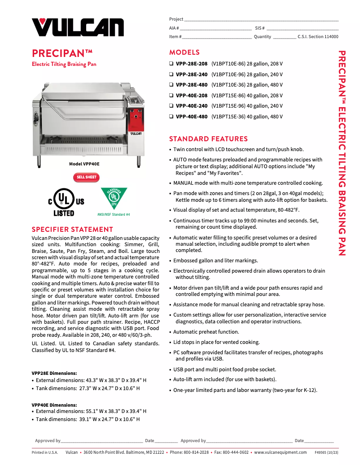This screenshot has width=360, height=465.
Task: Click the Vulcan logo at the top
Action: click(78, 28)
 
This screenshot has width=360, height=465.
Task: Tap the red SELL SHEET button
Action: click(86, 177)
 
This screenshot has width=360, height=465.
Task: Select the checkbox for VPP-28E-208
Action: click(171, 64)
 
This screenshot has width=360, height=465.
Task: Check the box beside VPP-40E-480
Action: click(171, 117)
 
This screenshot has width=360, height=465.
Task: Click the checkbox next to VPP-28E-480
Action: click(171, 85)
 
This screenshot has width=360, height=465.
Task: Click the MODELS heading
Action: click(184, 52)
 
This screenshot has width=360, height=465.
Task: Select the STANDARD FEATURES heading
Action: click(208, 139)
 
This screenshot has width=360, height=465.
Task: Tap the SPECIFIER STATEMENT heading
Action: click(72, 230)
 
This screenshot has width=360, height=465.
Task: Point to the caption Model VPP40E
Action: click(84, 164)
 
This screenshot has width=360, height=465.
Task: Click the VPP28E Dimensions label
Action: click(54, 373)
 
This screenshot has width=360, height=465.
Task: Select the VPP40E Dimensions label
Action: click(54, 405)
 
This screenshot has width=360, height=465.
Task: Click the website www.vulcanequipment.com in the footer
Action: click(280, 452)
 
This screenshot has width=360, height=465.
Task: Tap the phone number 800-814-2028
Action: click(196, 452)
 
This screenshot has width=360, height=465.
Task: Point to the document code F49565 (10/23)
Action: click(326, 452)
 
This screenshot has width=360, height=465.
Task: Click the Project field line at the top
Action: click(261, 19)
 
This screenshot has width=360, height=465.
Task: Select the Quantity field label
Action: click(262, 37)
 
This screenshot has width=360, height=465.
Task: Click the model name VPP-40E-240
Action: click(192, 106)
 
